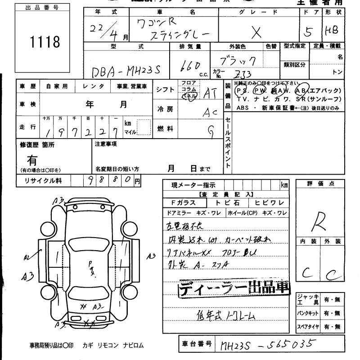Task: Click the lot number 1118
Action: tap(45, 42)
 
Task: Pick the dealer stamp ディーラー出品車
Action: tap(234, 288)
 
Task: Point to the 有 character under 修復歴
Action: tap(32, 160)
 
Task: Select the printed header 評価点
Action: tap(320, 184)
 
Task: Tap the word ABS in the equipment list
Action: tap(243, 108)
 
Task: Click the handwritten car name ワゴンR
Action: tap(155, 22)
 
